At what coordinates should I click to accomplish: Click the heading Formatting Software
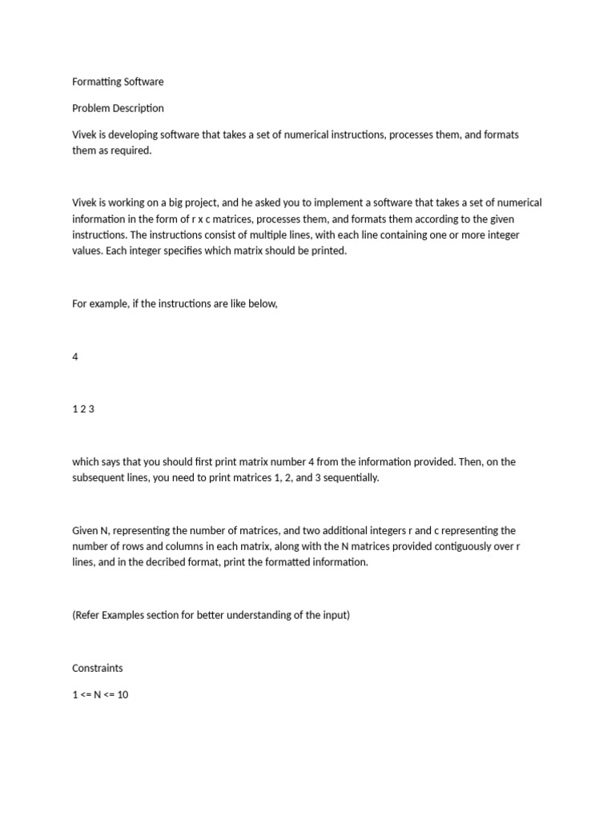pyautogui.click(x=117, y=82)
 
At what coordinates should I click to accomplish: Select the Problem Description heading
pyautogui.click(x=118, y=108)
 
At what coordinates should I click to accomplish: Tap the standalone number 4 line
pyautogui.click(x=75, y=356)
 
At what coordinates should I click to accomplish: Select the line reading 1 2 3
pyautogui.click(x=83, y=409)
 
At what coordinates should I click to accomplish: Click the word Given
pyautogui.click(x=85, y=531)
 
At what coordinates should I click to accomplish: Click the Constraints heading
pyautogui.click(x=98, y=668)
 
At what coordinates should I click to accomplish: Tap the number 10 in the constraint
pyautogui.click(x=123, y=695)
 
